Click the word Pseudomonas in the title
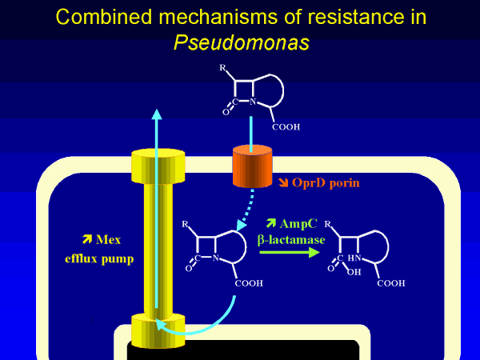239,41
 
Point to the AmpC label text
298,222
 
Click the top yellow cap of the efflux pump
158,165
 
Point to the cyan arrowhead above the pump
157,114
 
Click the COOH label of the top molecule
286,128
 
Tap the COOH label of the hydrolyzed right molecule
390,282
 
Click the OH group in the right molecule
354,271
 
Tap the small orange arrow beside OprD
283,184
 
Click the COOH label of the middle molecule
250,283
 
